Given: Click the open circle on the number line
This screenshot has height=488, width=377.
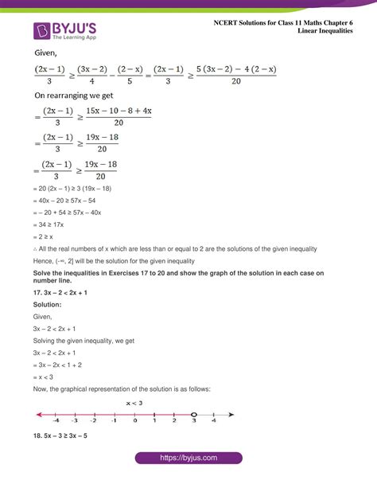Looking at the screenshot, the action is point(193,414).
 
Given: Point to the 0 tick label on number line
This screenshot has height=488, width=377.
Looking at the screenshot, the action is point(134,422).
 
